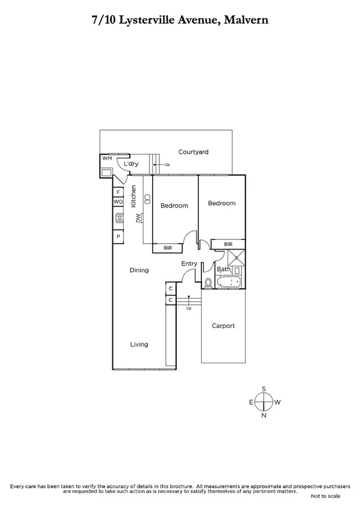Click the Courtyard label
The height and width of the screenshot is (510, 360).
click(193, 152)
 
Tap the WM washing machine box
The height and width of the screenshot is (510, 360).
click(107, 158)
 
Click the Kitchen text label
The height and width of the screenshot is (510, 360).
click(134, 196)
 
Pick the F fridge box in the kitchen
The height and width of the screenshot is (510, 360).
click(118, 192)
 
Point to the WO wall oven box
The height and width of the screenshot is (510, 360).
click(118, 202)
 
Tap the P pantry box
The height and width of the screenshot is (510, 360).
click(118, 237)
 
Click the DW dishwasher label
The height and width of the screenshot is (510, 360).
click(138, 219)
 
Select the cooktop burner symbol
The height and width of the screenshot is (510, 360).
click(119, 219)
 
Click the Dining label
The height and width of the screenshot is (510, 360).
click(139, 271)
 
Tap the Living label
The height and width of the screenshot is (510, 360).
click(139, 345)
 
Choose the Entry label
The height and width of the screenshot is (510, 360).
click(189, 263)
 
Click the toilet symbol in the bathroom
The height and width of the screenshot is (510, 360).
click(208, 281)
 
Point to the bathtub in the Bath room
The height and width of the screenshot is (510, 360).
click(228, 281)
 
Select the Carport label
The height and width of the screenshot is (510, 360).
click(223, 326)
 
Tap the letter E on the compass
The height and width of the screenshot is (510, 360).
click(251, 402)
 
